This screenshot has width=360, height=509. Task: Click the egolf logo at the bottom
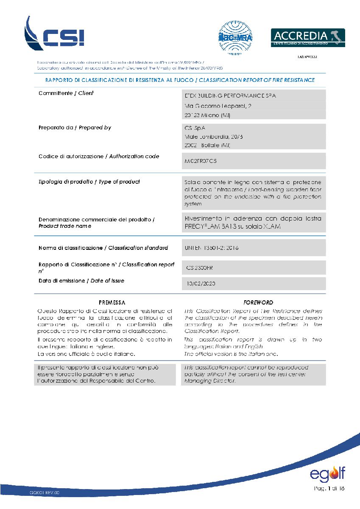327,473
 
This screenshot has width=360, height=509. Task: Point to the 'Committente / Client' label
66,93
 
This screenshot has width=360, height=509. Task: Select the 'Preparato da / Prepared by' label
75,127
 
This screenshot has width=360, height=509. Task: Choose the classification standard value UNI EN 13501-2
212,248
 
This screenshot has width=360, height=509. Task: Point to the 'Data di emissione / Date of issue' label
81,280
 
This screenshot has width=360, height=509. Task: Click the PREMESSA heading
112,302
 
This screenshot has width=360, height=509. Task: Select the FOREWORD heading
258,302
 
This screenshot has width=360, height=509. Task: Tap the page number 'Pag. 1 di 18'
329,488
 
